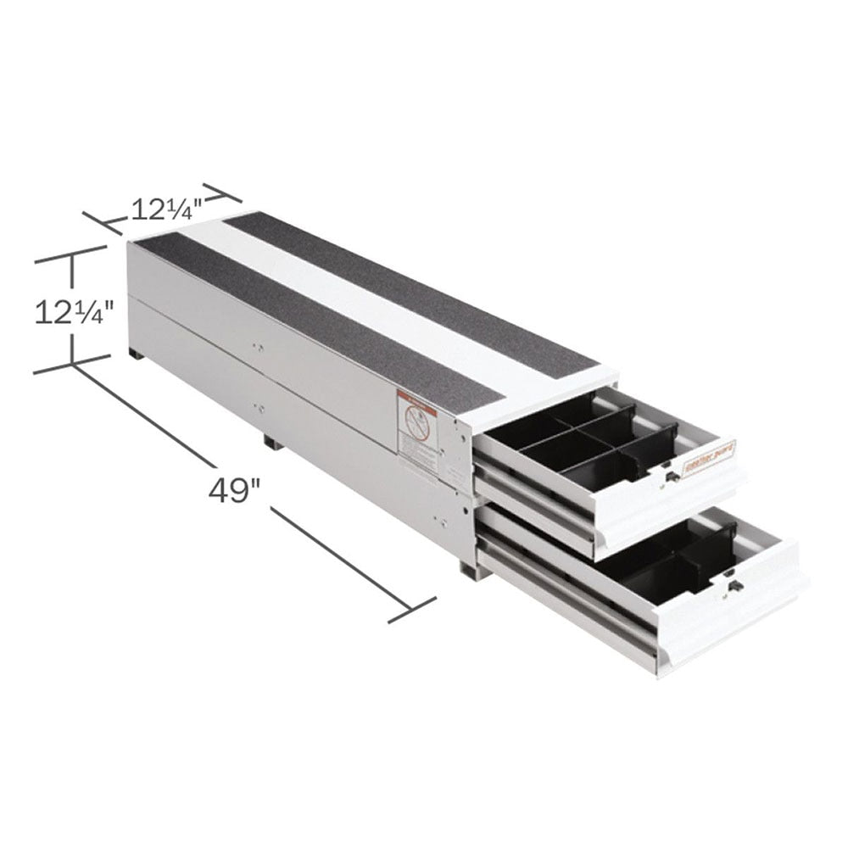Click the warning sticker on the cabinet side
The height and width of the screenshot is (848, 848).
(x=417, y=432)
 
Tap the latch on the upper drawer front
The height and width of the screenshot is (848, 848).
(x=671, y=477)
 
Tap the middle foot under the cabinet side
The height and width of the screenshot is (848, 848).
(x=270, y=442)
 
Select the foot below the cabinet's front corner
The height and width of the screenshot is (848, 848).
(x=469, y=570)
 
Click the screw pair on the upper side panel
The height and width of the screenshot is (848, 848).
(x=257, y=347)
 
